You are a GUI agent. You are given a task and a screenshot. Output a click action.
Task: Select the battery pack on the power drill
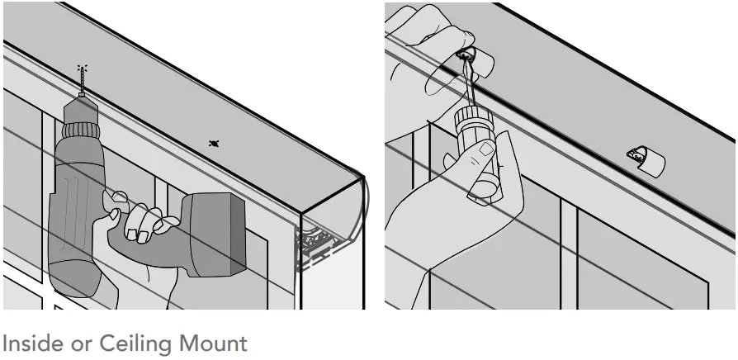(214, 235)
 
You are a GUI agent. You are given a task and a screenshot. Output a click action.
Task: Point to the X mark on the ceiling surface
(214, 144)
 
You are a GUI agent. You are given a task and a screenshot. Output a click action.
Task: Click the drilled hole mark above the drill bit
(82, 68)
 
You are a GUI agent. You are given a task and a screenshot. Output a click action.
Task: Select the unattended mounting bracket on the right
(646, 159)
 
